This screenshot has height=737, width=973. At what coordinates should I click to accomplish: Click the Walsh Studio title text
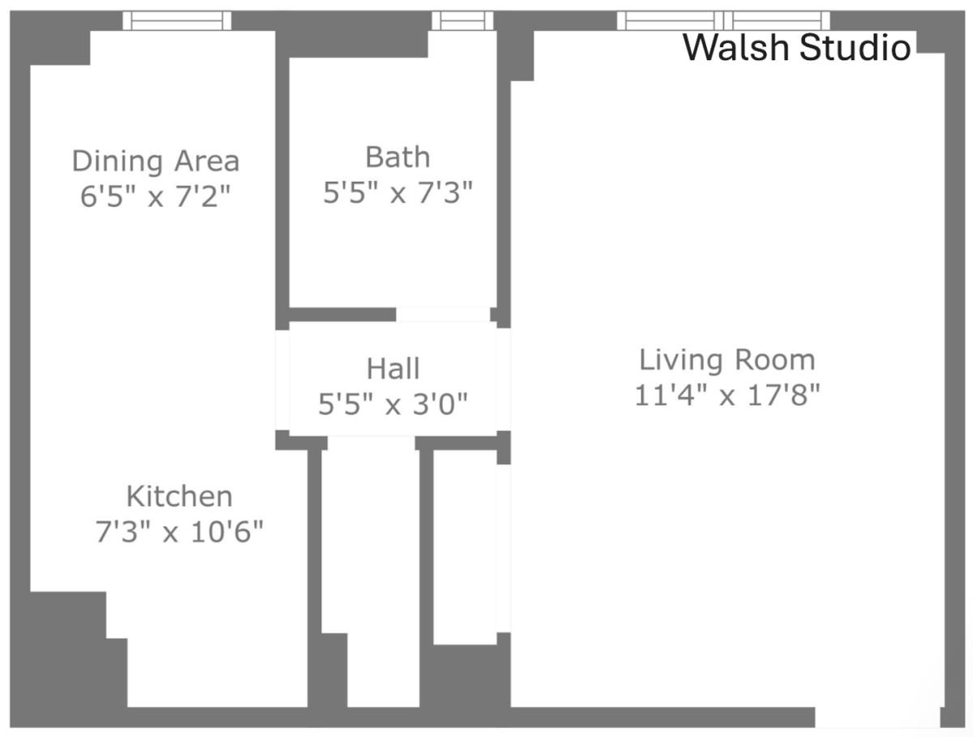(796, 47)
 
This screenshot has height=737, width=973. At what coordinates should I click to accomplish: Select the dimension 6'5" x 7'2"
(156, 196)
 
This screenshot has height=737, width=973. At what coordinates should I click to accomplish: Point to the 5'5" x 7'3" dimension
(397, 192)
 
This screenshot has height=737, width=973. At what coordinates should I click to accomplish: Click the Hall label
(393, 368)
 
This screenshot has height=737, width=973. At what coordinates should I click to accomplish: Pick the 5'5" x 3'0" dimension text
(393, 404)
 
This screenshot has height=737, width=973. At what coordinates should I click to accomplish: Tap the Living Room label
(727, 359)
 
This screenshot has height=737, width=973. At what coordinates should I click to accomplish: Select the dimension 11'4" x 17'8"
(727, 395)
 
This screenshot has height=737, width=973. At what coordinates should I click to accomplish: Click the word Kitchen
(179, 496)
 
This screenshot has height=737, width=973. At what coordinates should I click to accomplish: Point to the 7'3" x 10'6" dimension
(179, 531)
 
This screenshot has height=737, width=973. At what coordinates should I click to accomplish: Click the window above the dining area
(177, 21)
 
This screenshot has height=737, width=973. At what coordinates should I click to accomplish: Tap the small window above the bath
(462, 21)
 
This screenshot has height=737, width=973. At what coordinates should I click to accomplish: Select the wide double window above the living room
(723, 21)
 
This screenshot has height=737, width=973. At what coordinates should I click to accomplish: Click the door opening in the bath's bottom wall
(443, 315)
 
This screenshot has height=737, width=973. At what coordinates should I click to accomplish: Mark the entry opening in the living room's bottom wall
(877, 718)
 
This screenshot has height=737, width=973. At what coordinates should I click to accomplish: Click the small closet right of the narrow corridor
(465, 547)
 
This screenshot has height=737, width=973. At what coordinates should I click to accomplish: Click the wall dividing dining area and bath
(282, 180)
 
